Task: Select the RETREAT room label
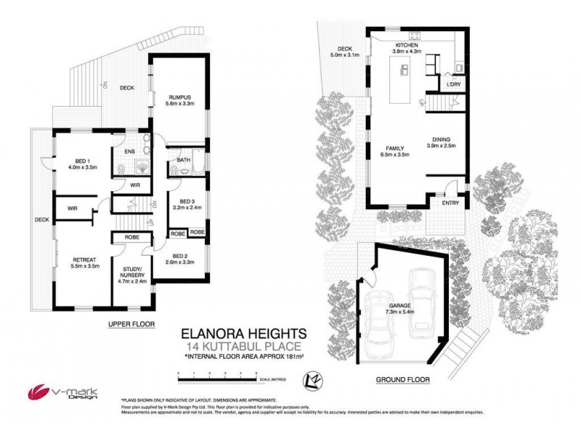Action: coord(75,259)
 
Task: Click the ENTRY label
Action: coord(450,203)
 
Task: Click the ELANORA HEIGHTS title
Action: coord(243,333)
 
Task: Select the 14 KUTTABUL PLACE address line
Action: coord(243,346)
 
